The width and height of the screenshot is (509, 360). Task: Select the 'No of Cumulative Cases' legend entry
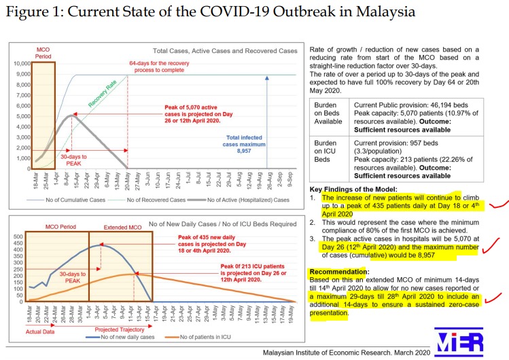[67, 200]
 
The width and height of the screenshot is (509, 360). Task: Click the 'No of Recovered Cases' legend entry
[149, 200]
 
